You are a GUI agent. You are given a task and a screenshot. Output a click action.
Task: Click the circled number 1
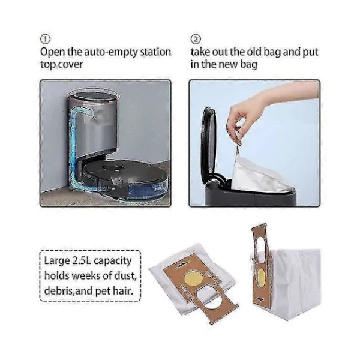point(45,40)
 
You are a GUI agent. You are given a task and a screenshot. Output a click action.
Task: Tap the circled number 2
point(196,40)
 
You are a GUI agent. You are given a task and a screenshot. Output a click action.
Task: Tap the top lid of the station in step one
point(93,94)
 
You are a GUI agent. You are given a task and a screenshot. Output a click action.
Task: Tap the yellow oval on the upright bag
point(261,277)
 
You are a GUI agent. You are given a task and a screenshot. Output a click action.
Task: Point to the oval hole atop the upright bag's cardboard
point(261,245)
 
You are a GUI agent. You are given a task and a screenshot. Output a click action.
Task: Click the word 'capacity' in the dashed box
point(113,261)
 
